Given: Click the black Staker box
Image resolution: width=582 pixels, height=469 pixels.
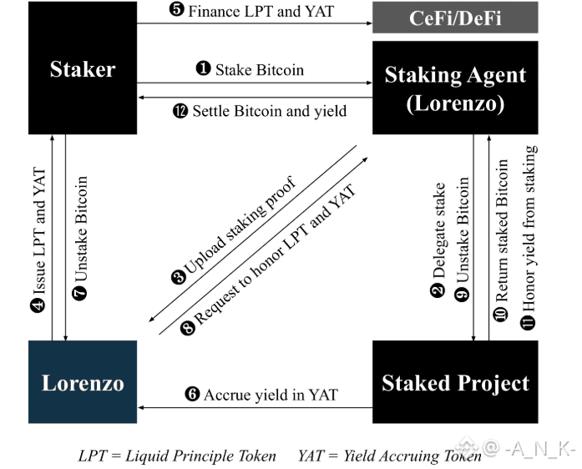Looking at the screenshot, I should pyautogui.click(x=82, y=68).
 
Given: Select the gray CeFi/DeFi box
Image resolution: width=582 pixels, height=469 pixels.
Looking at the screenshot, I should pyautogui.click(x=455, y=18).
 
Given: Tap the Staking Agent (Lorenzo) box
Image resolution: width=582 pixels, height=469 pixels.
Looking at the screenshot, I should pyautogui.click(x=455, y=87).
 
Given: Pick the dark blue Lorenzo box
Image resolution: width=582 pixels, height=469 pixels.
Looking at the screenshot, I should pyautogui.click(x=82, y=382).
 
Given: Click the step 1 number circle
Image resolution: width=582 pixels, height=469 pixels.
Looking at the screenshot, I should pyautogui.click(x=202, y=70).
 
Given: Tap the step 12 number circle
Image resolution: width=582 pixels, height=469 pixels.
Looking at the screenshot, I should pyautogui.click(x=179, y=110).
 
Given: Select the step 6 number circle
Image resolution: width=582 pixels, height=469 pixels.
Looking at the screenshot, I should pyautogui.click(x=192, y=394).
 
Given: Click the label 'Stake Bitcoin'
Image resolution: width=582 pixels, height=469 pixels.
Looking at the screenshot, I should pyautogui.click(x=259, y=70).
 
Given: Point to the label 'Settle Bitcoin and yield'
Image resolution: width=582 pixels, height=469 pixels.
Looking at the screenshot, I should pyautogui.click(x=269, y=110).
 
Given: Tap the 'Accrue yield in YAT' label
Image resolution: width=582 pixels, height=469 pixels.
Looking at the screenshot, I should pyautogui.click(x=270, y=394).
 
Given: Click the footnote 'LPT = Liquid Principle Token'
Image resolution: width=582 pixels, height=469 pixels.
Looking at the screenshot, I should pyautogui.click(x=177, y=456).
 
